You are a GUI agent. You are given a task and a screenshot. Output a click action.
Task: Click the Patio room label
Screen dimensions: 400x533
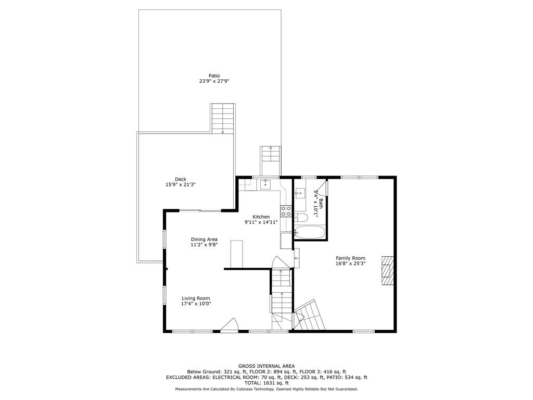point(214,76)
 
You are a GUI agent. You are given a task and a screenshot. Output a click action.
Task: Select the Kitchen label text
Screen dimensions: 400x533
point(261,217)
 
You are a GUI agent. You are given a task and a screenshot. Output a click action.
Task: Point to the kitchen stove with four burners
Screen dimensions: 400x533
point(286,211)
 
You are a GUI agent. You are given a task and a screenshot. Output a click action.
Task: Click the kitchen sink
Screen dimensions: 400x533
point(266,183)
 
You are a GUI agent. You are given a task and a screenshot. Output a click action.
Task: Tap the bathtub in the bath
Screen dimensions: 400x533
point(310,232)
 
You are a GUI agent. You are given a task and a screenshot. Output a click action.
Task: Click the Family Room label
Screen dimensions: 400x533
point(350,258)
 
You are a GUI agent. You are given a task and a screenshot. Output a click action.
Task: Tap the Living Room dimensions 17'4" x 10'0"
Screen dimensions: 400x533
point(196,304)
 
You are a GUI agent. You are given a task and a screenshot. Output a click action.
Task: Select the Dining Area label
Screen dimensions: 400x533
point(204,240)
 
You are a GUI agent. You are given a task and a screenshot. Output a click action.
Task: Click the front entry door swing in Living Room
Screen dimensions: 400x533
point(229,326)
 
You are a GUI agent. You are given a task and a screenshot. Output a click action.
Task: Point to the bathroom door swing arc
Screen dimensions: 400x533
point(322,186)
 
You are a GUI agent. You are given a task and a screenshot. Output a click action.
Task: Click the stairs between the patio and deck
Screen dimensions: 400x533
point(223,118)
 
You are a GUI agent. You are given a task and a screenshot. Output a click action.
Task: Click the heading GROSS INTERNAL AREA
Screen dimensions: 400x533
point(266,366)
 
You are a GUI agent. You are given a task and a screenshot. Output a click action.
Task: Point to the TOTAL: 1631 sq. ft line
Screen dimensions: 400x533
point(266,383)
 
